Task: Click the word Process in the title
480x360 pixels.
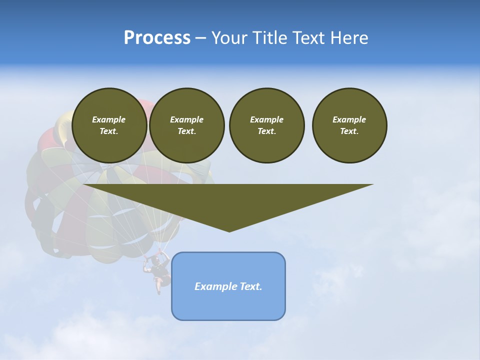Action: pyautogui.click(x=157, y=38)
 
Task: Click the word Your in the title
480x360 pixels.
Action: pyautogui.click(x=230, y=38)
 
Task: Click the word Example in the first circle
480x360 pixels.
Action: pyautogui.click(x=109, y=119)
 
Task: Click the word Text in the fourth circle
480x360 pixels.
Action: pyautogui.click(x=349, y=131)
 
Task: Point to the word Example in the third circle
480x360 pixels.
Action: pyautogui.click(x=266, y=119)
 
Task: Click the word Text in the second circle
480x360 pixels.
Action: pyautogui.click(x=186, y=131)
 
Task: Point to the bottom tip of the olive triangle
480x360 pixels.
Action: pyautogui.click(x=229, y=231)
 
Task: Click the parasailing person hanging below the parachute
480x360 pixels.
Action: pyautogui.click(x=158, y=273)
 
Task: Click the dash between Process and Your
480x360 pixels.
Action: pyautogui.click(x=200, y=38)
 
